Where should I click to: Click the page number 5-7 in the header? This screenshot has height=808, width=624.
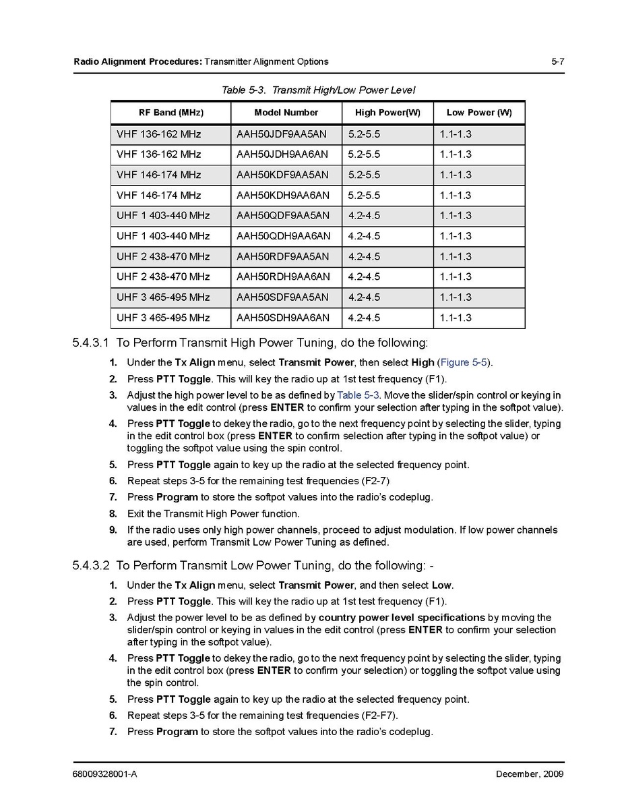point(557,61)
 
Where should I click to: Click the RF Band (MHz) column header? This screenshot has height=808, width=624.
point(170,113)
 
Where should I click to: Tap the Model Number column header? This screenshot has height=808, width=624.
point(286,113)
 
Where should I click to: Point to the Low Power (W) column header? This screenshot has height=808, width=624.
point(479,113)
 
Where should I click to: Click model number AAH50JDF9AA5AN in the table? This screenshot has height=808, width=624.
point(282,134)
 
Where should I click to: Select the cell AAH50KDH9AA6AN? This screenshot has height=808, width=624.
point(283,196)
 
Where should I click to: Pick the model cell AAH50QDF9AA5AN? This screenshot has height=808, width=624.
point(283,216)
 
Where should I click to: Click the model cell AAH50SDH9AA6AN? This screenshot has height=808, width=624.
point(283,318)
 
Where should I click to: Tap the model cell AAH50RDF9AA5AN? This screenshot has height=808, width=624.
point(283,256)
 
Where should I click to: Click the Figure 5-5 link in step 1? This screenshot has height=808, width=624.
point(464,363)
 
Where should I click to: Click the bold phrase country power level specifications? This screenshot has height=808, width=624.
point(402,618)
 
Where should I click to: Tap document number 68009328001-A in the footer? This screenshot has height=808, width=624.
point(105,774)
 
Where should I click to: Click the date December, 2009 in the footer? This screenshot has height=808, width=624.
point(530,774)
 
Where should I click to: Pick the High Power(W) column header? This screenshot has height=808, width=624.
point(387,113)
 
